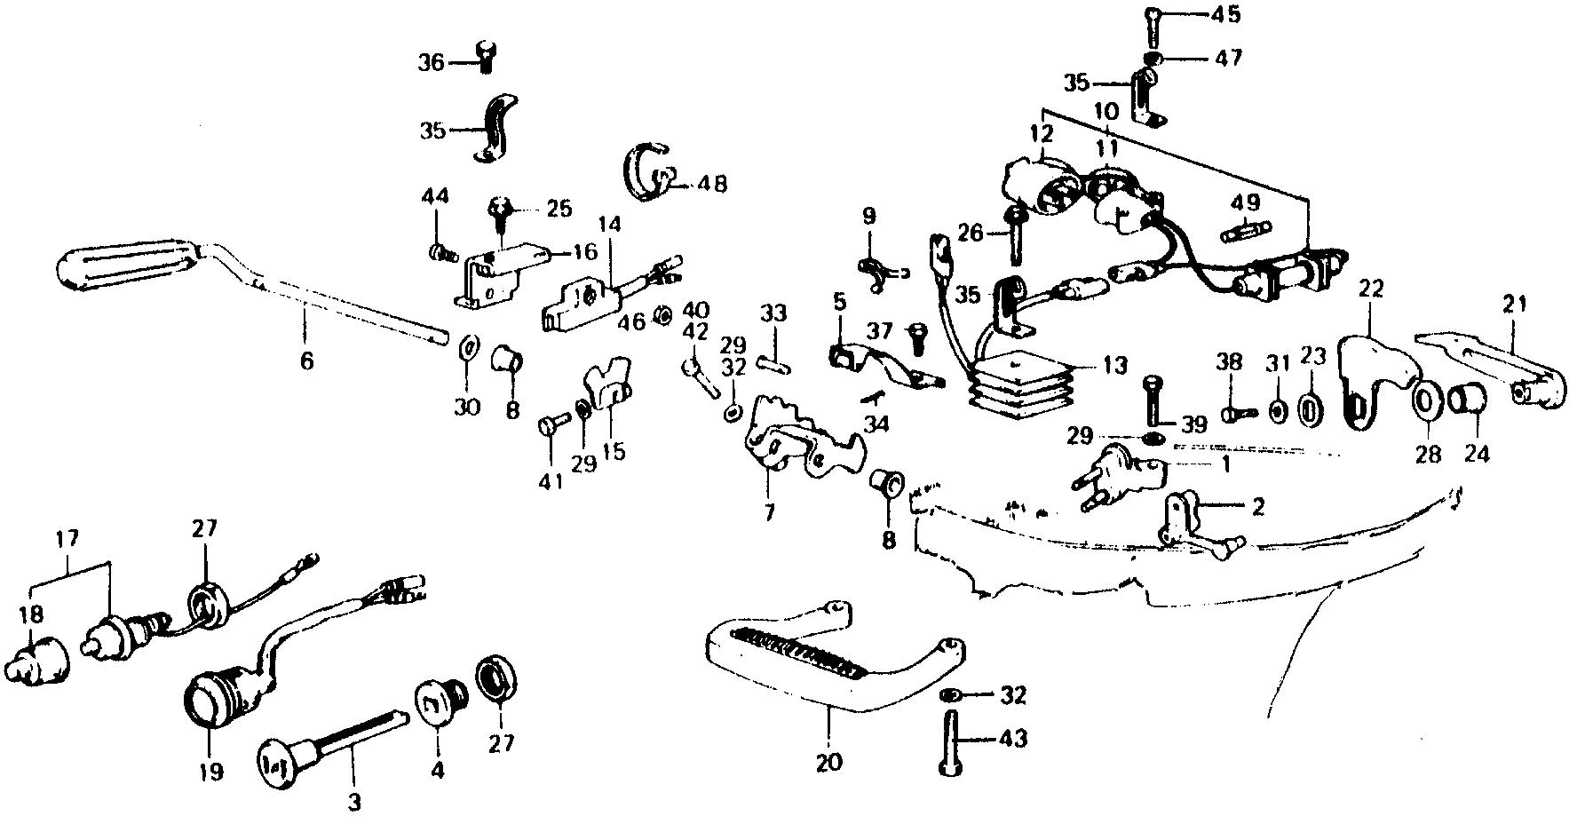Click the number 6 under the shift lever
[306, 361]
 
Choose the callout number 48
[712, 185]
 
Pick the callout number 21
[1514, 305]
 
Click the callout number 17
[67, 539]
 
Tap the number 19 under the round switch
[211, 770]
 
